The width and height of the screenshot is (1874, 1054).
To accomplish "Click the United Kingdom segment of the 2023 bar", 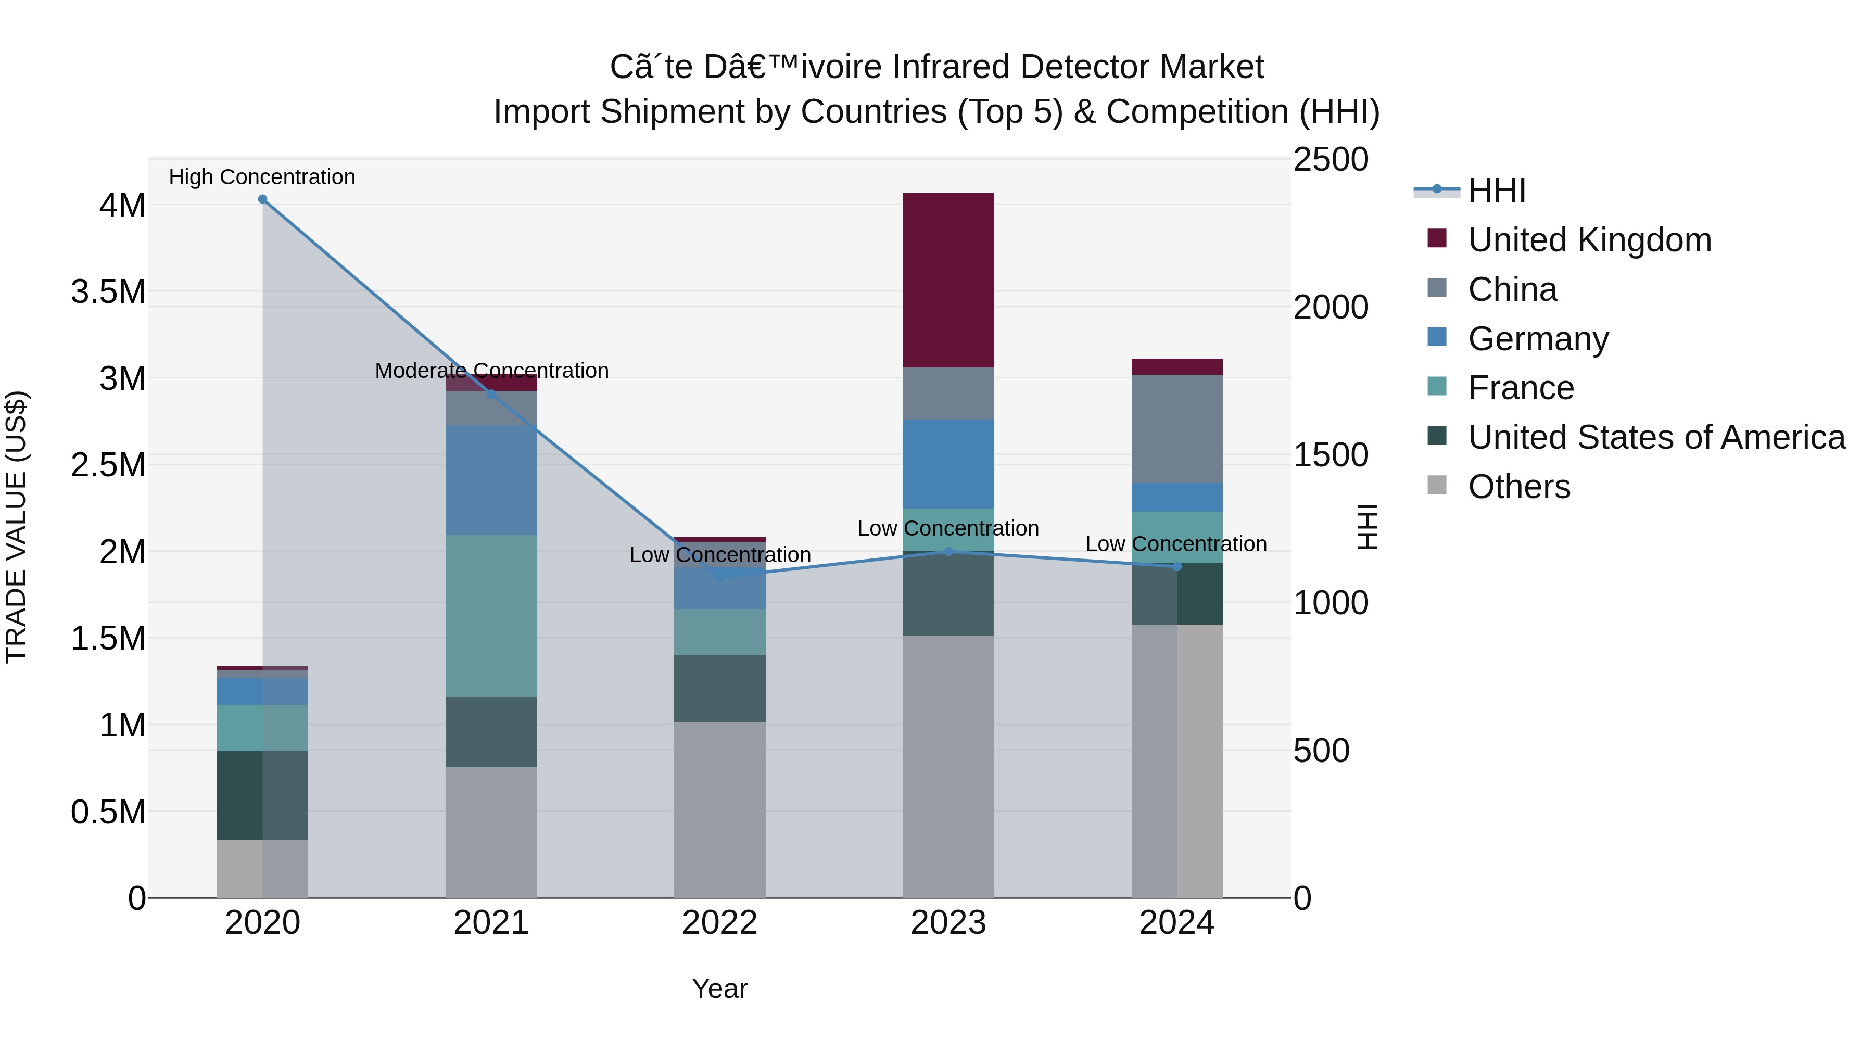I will click(x=948, y=280).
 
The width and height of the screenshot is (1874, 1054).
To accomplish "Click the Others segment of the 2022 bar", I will click(x=719, y=809).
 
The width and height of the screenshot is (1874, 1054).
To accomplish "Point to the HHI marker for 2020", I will click(x=263, y=199).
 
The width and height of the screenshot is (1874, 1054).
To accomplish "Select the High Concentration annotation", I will click(x=262, y=177).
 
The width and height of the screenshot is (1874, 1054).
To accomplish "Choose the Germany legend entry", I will click(x=1538, y=339).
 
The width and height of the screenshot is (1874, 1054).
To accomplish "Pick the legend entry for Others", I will click(x=1519, y=487).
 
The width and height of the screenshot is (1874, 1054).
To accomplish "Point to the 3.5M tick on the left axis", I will click(x=108, y=291).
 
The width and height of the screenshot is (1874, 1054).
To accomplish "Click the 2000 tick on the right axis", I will click(x=1331, y=307).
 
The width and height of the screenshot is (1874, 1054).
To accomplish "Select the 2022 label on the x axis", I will click(x=719, y=923).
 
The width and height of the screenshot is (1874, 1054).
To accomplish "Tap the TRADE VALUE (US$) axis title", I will click(x=16, y=527).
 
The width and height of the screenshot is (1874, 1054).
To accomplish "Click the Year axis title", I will click(x=719, y=988).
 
